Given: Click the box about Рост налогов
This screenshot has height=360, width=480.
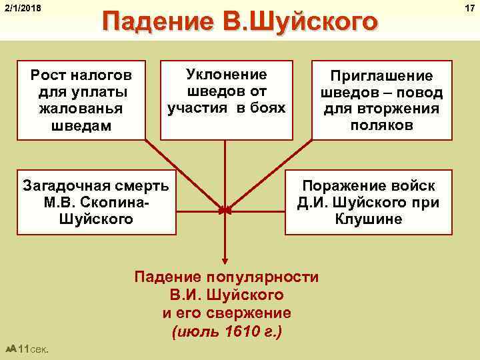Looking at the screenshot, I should point(81,100).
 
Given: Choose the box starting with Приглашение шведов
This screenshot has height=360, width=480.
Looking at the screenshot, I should point(382,100).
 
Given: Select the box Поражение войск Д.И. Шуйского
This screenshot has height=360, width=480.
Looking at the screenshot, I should point(369,202).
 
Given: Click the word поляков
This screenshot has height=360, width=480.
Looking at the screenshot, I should point(382,125).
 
